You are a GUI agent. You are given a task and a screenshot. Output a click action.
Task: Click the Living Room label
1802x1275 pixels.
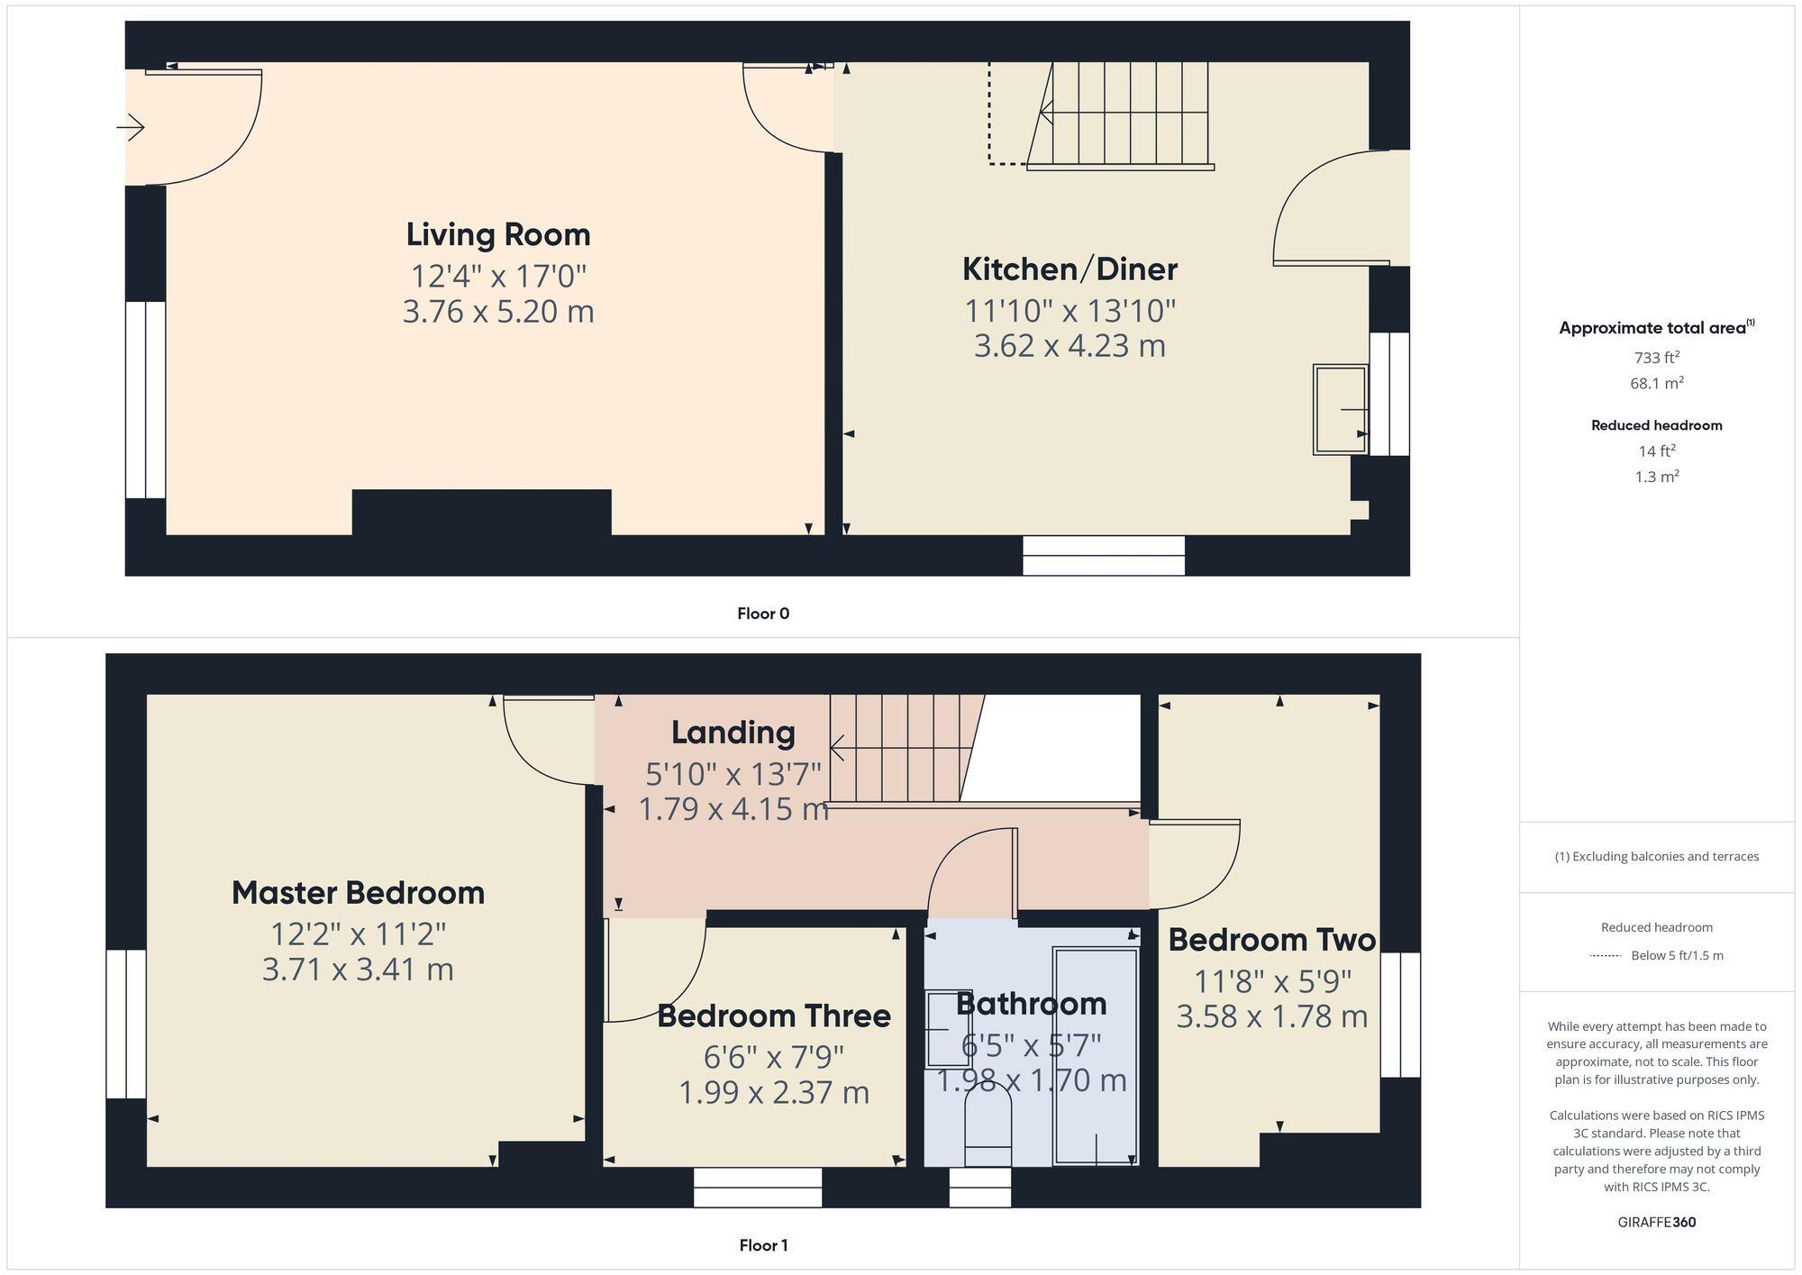pyautogui.click(x=497, y=234)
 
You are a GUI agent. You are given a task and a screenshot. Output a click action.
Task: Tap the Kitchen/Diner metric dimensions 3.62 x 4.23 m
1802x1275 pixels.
pyautogui.click(x=1069, y=346)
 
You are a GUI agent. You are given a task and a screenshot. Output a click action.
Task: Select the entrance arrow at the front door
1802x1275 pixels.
pyautogui.click(x=132, y=127)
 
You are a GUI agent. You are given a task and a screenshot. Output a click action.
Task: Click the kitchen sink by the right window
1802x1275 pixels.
pyautogui.click(x=1340, y=409)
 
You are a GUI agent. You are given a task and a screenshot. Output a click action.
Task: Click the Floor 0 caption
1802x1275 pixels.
pyautogui.click(x=762, y=614)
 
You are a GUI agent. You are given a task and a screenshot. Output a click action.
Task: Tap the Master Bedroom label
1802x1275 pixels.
pyautogui.click(x=358, y=893)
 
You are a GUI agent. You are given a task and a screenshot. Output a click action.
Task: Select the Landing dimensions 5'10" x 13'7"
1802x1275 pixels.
pyautogui.click(x=733, y=773)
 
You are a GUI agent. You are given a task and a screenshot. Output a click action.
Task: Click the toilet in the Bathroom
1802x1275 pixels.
pyautogui.click(x=987, y=1122)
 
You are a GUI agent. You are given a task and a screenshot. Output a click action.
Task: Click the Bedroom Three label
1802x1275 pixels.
pyautogui.click(x=773, y=1016)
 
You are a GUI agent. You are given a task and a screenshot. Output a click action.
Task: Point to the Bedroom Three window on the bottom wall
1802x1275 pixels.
pyautogui.click(x=757, y=1188)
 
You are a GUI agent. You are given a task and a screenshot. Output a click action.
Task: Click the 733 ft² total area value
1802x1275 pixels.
pyautogui.click(x=1656, y=358)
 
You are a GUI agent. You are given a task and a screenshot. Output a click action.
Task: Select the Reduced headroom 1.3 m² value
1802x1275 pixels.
pyautogui.click(x=1656, y=477)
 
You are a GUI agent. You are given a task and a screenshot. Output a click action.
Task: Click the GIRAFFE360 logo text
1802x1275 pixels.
pyautogui.click(x=1656, y=1223)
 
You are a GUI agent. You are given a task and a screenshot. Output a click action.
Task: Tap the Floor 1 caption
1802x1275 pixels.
pyautogui.click(x=762, y=1245)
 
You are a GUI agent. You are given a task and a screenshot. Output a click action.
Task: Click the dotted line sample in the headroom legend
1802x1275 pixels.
pyautogui.click(x=1606, y=956)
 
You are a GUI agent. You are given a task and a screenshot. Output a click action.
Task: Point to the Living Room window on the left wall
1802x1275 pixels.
pyautogui.click(x=145, y=399)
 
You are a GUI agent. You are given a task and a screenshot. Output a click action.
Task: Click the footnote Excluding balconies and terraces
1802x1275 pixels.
pyautogui.click(x=1656, y=857)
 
